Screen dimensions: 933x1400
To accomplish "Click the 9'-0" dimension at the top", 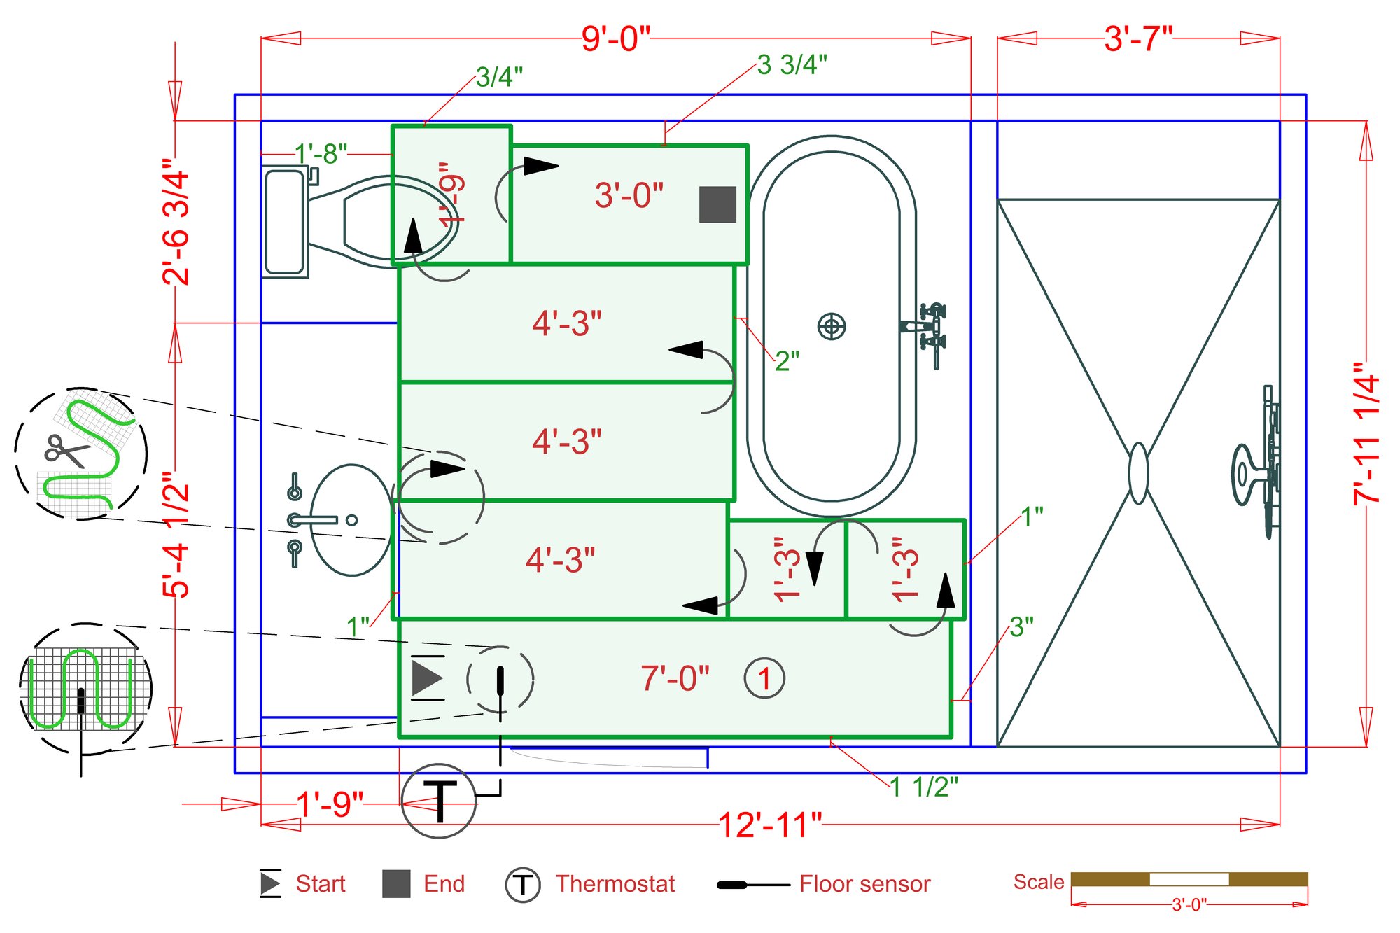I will point(615,38).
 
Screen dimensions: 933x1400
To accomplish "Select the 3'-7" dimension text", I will point(1138,38).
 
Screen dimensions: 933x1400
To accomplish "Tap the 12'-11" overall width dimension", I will point(770,825).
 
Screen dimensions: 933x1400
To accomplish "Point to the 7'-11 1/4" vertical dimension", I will point(1366,434).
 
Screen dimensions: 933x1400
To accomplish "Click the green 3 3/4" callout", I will point(792,65).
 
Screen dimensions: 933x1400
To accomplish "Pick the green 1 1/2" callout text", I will point(924,787).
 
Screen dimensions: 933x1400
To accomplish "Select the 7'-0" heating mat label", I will point(675,678).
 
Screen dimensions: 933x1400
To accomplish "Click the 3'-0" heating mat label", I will point(629,195).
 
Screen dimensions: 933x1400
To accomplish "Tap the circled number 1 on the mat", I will point(764,678).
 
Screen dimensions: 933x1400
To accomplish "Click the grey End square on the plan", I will point(717,204).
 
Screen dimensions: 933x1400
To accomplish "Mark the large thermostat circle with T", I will point(440,801).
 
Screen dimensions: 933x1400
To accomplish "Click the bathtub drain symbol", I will point(832,326).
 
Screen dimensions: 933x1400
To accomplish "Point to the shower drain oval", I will point(1139,473).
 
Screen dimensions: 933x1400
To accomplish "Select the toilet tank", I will point(284,222).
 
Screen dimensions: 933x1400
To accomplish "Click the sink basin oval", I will point(351,520).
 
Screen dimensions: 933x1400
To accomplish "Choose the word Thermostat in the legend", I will point(615,884).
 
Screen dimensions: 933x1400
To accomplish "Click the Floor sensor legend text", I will point(864,884).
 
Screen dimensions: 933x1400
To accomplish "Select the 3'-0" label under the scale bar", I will point(1189,905).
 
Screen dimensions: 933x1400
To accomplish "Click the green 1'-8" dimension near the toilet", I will point(321,153).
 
